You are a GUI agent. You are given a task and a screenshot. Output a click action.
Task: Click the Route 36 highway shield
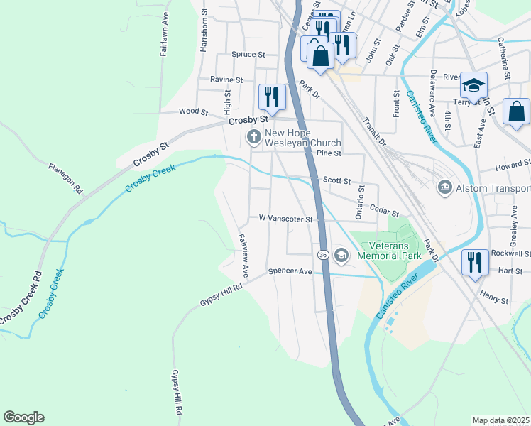(322, 254)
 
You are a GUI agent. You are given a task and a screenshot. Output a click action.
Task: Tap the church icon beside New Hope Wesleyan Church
(253, 136)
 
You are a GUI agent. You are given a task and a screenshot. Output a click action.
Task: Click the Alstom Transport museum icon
(444, 187)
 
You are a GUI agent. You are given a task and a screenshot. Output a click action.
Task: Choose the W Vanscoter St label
(285, 219)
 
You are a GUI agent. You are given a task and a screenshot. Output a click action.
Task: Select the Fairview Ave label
(243, 255)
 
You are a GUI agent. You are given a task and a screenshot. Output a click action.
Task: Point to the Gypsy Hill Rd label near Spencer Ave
(221, 294)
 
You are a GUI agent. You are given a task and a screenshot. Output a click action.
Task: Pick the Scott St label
(337, 180)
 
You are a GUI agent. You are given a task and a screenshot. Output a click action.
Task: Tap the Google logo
(23, 417)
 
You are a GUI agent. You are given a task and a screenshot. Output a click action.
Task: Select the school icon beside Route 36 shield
(341, 254)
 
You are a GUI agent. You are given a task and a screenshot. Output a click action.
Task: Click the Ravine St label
(226, 80)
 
